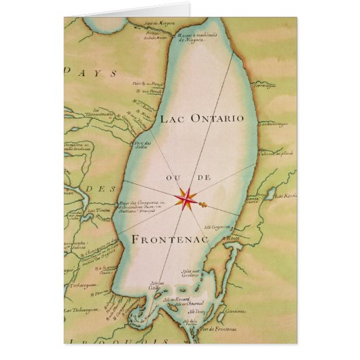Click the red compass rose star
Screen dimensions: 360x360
187,198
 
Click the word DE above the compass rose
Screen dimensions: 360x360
202,178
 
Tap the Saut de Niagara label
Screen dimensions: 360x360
156,22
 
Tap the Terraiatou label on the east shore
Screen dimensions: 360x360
263,87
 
